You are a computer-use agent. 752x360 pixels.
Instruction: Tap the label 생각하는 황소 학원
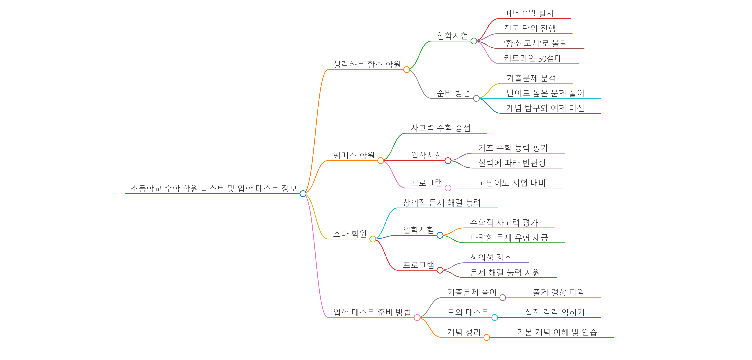(x=367, y=64)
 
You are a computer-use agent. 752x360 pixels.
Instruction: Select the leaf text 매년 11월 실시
(x=529, y=13)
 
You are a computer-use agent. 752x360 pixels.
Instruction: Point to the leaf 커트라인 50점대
(x=533, y=58)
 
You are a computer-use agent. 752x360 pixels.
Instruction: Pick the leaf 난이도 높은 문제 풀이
(x=545, y=93)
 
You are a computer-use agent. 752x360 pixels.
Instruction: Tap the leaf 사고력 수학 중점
(x=441, y=128)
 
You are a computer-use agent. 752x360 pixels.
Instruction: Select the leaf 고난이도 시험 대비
(x=511, y=183)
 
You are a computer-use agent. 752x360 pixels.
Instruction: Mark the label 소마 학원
(x=350, y=234)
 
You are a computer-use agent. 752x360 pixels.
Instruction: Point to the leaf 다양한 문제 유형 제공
(x=509, y=238)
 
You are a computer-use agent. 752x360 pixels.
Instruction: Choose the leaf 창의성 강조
(x=491, y=258)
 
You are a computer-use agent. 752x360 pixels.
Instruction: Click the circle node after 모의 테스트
(x=495, y=317)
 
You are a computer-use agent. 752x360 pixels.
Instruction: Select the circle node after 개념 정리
(x=487, y=338)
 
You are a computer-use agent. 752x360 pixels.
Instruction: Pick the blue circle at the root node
(x=303, y=194)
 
